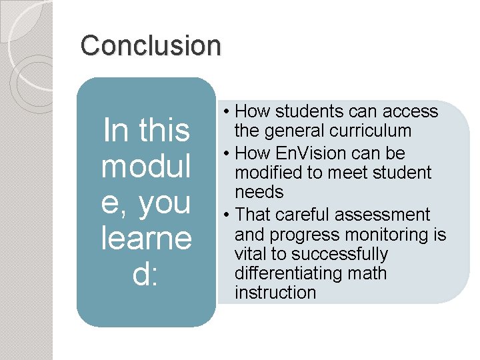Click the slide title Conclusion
point(150,45)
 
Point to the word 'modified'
point(274,173)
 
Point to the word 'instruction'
point(275,293)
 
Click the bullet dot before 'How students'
point(227,112)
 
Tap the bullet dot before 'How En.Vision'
point(227,154)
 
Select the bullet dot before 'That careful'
point(227,215)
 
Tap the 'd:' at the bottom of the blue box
point(145,274)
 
